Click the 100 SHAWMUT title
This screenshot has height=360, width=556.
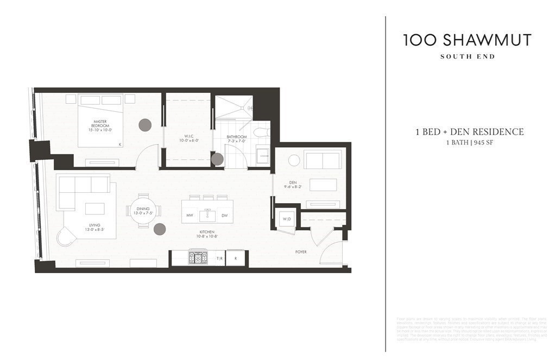tap(467, 40)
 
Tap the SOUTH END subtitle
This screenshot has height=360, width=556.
tap(467, 56)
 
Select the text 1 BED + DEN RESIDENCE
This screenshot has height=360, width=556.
tap(469, 132)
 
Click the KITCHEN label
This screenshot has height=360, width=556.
tap(207, 232)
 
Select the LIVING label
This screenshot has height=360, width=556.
tap(95, 225)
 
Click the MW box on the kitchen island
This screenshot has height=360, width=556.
tap(190, 216)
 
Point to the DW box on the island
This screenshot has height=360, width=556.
tap(224, 216)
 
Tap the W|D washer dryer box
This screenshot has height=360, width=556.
tap(286, 219)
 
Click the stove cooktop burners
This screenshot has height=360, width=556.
tap(198, 258)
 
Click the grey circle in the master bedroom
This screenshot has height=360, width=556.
tap(145, 125)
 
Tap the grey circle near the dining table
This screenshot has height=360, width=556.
tap(160, 229)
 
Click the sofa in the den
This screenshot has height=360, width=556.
tap(323, 160)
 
